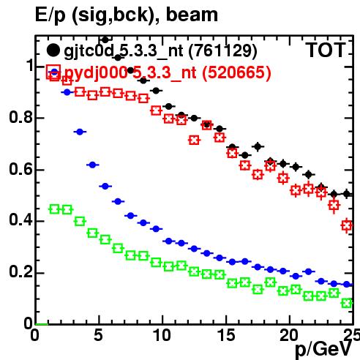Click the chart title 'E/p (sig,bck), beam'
(x=127, y=15)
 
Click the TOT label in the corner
(x=326, y=50)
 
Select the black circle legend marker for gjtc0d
(x=53, y=50)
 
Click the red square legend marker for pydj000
(x=53, y=72)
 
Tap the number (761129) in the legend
(x=222, y=51)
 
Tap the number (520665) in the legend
(x=236, y=72)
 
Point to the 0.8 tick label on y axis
(x=20, y=118)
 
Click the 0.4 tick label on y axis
(x=20, y=220)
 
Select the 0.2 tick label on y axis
(x=20, y=271)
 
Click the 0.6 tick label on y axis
(x=20, y=169)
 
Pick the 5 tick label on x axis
(x=98, y=336)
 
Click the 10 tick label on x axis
(x=162, y=336)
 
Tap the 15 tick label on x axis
(x=226, y=336)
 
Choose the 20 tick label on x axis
(x=289, y=336)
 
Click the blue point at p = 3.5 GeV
(x=80, y=132)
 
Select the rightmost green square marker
(x=347, y=304)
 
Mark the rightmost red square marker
(x=347, y=225)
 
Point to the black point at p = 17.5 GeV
(x=258, y=146)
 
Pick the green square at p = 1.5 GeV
(x=54, y=209)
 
